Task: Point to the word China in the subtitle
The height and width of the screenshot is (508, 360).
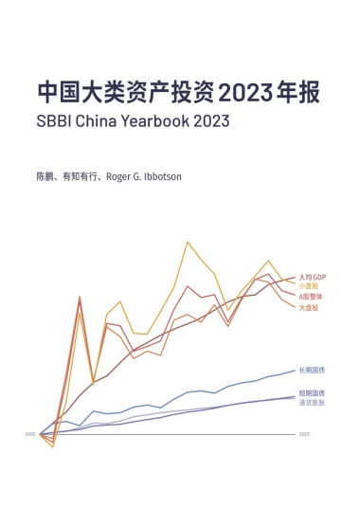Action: coord(102,122)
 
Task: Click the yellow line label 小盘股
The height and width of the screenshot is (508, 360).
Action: coord(308,286)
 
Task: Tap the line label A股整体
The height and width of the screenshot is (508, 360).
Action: coord(310,297)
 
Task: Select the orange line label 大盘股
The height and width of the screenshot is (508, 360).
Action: coord(308,308)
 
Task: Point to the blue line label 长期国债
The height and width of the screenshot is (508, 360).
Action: coord(312,370)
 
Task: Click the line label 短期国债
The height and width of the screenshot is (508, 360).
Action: coord(312,393)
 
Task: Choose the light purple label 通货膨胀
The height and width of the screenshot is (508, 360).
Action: coord(312,402)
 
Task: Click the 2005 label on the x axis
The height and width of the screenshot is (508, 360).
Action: coord(30,434)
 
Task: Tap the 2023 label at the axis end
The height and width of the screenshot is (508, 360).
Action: coord(304,434)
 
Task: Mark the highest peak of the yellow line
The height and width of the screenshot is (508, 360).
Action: coord(188,242)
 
